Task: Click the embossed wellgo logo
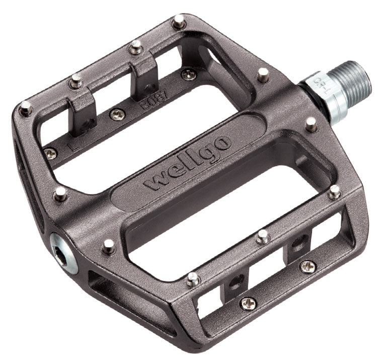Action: (x=187, y=161)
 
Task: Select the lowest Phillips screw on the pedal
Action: (x=248, y=303)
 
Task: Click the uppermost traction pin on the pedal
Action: (x=178, y=22)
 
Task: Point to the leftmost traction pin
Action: (x=25, y=107)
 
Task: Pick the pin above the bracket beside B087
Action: (x=135, y=48)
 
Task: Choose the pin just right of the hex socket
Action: (x=108, y=245)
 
